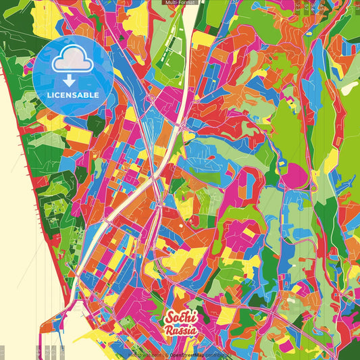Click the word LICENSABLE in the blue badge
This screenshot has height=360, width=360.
(72, 95)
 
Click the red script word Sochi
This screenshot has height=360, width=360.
(180, 317)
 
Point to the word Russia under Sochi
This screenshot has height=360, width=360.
(180, 331)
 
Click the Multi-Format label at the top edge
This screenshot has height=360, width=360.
(180, 3)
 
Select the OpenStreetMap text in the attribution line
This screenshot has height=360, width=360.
(187, 355)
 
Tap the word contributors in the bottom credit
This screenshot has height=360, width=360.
(215, 355)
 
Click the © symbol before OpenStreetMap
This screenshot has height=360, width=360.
(165, 355)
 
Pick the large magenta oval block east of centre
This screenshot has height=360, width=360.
(292, 178)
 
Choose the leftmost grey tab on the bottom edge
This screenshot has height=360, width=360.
(2, 351)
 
